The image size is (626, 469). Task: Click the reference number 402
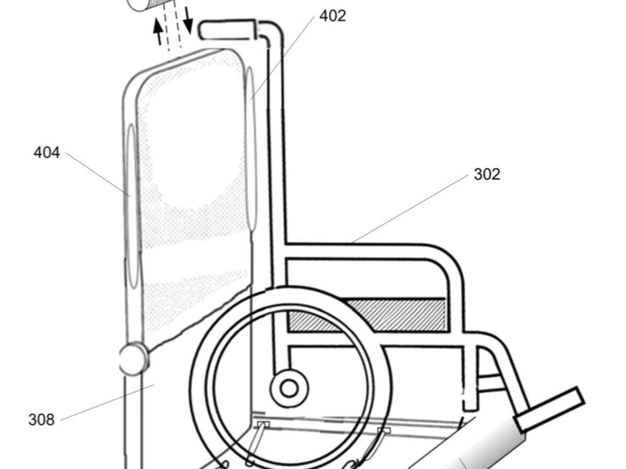pos(332,16)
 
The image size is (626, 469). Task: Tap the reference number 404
pos(46,153)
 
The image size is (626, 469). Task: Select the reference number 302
pos(487,175)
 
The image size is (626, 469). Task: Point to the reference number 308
pos(41,419)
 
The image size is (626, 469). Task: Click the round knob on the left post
pos(134,359)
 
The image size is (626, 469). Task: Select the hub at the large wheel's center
pos(288,388)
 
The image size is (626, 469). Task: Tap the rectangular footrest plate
pos(549,410)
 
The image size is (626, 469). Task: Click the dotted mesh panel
pos(193,198)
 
